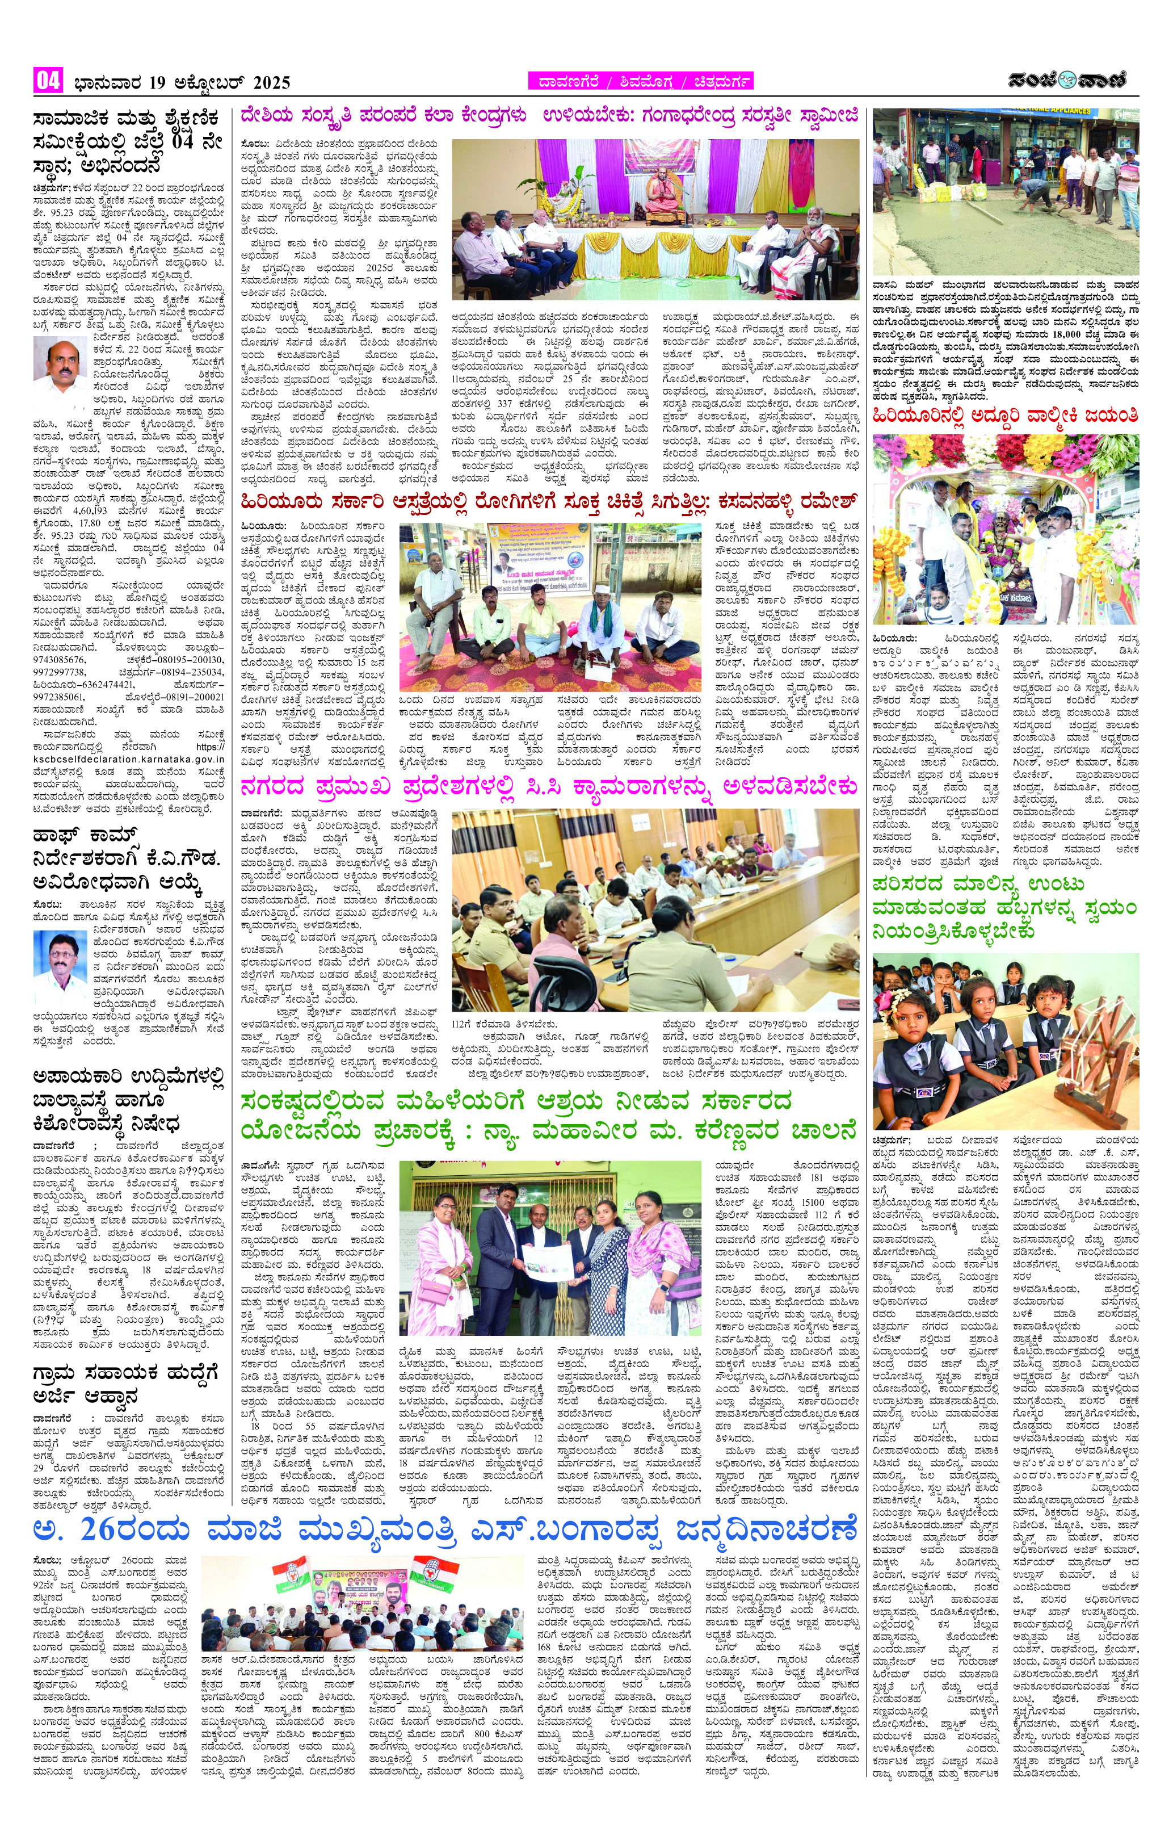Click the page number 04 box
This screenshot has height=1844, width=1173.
click(48, 81)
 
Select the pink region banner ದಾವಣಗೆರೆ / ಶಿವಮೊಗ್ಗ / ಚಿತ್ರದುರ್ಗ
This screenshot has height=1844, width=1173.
click(640, 81)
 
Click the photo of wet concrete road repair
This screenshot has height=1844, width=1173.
click(1006, 191)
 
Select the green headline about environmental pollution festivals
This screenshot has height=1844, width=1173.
click(1006, 907)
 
